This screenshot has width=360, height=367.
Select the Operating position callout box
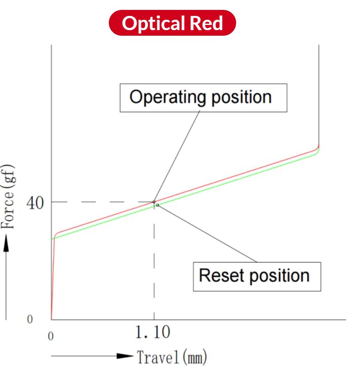point(203,98)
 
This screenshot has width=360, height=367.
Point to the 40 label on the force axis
point(36,203)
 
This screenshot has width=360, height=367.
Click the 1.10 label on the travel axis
point(153,333)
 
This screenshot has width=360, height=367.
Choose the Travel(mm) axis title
point(172,356)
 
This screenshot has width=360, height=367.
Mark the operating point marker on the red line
point(154,201)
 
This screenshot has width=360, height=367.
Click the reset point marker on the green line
point(157,205)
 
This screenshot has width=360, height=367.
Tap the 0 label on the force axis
point(30,320)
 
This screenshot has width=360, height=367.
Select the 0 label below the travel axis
point(51,336)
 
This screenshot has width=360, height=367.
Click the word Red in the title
point(207,23)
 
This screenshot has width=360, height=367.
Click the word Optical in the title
point(152,23)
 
